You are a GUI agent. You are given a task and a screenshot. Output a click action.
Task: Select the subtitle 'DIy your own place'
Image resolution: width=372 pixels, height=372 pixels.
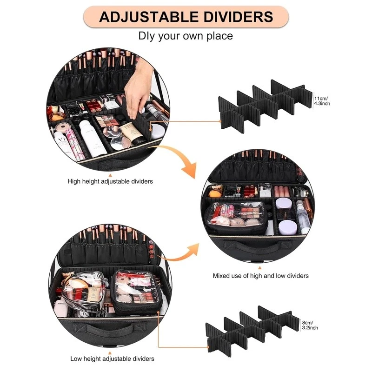[x=186, y=36]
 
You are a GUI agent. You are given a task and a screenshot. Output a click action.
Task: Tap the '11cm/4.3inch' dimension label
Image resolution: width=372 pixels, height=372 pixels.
[x=322, y=101]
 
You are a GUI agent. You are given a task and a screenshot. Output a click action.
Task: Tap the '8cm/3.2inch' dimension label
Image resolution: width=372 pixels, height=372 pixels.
[x=310, y=325]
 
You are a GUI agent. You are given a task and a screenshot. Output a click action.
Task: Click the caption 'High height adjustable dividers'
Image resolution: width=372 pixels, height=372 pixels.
[x=110, y=181]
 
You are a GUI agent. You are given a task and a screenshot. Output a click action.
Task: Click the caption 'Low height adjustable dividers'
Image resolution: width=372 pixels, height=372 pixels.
[x=112, y=359]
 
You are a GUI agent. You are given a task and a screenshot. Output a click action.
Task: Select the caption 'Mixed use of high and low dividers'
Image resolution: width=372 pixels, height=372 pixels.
[x=260, y=276]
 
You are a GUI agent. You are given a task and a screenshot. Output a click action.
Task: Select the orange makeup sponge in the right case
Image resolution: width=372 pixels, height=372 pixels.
[x=215, y=193]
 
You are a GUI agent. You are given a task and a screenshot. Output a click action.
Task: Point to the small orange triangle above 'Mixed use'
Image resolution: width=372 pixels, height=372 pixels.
[x=260, y=268]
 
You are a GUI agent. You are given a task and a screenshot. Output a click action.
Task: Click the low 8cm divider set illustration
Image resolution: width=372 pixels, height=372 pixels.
[x=252, y=330]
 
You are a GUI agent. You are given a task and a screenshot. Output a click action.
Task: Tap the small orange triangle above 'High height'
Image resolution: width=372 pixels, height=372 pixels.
[x=110, y=175]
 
